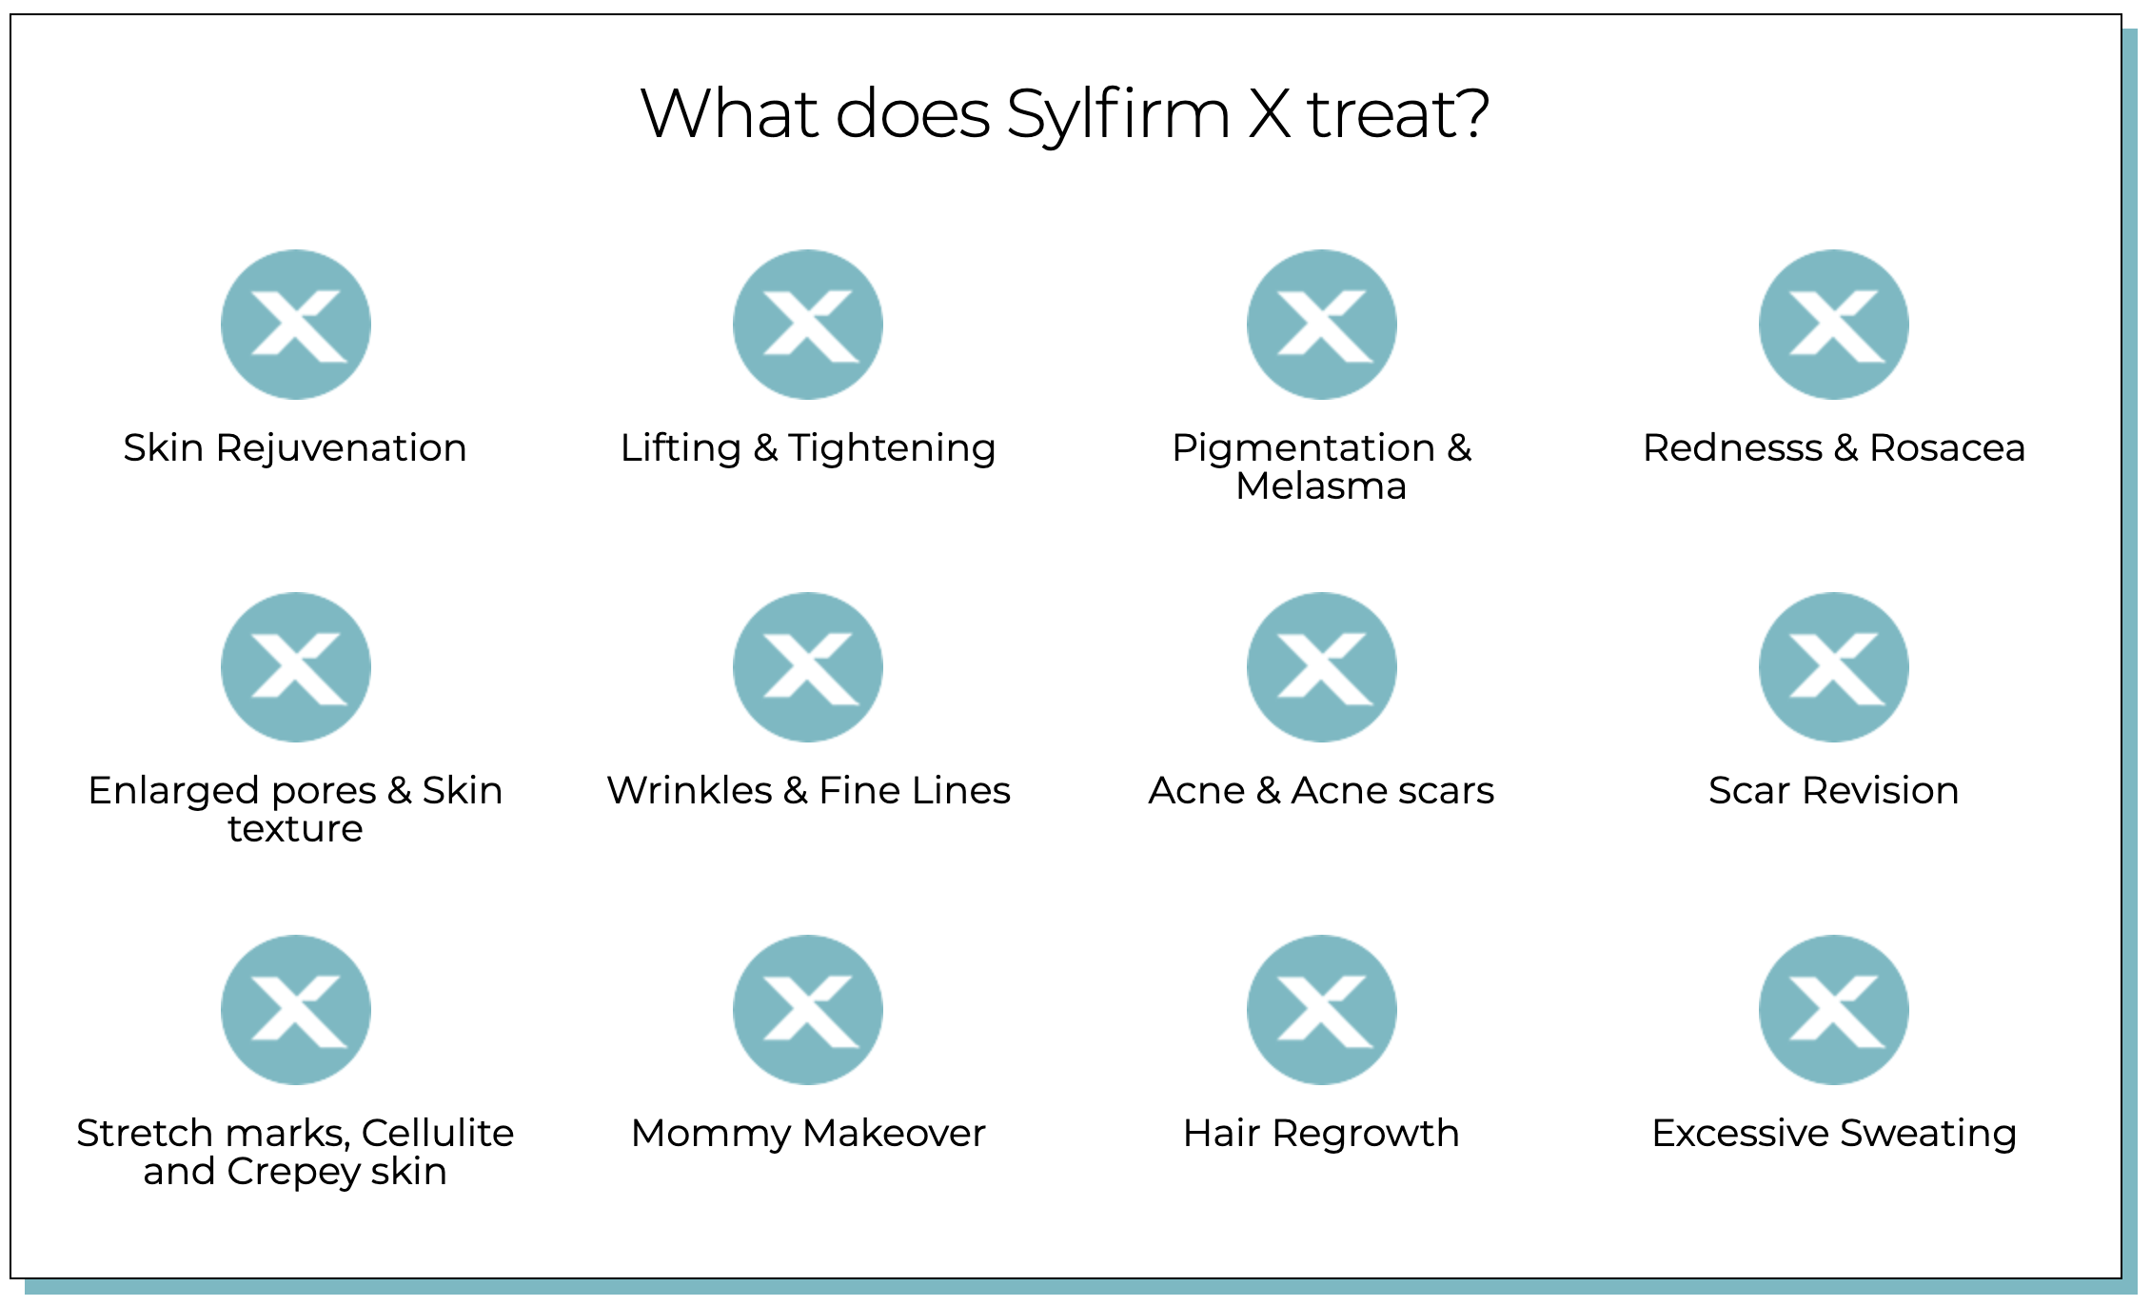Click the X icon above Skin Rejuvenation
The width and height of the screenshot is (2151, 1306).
pos(296,325)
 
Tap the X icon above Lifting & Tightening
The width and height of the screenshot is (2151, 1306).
pos(808,325)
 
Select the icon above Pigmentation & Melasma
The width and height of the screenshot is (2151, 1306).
pos(1322,325)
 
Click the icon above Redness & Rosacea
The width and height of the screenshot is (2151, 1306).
pos(1834,325)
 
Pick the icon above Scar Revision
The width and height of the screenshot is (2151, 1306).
pos(1834,667)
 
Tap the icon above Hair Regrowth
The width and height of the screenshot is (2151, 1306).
pos(1322,1010)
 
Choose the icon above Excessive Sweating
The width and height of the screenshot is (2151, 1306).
pos(1834,1010)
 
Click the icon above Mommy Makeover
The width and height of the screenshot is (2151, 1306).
pos(808,1010)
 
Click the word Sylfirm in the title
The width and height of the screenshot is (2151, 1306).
pos(1117,114)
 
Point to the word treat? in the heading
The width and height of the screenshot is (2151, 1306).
pos(1397,114)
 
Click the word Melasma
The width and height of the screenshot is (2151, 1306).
pos(1321,486)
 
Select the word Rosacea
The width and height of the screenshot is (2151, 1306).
pos(1947,448)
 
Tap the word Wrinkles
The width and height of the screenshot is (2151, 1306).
pos(690,791)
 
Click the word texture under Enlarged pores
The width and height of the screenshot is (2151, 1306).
pos(295,829)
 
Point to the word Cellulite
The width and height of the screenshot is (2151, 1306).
pos(438,1134)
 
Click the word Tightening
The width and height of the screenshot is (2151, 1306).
pos(892,448)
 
